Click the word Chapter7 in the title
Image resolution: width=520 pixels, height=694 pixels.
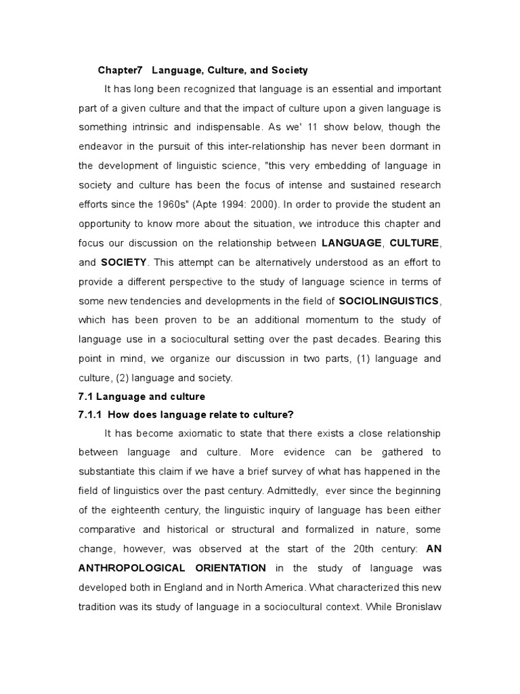click(x=121, y=70)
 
